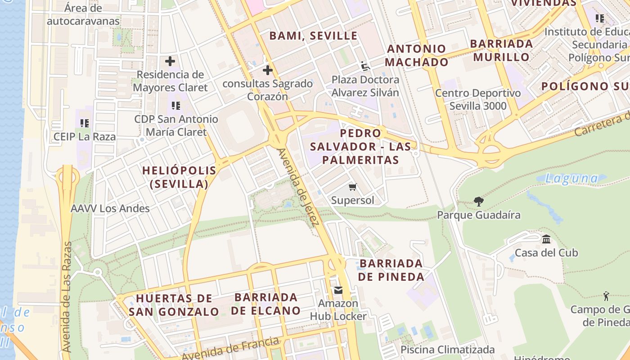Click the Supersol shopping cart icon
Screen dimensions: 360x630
click(353, 187)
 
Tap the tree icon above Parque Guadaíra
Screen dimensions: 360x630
click(479, 201)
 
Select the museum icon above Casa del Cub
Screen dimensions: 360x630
click(546, 239)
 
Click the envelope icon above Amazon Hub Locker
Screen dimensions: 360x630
click(338, 290)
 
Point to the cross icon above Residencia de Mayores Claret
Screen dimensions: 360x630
click(170, 61)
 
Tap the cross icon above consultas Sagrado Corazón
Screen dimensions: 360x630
click(268, 70)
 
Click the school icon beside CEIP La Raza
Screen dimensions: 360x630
click(85, 123)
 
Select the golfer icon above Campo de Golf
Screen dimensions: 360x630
click(606, 296)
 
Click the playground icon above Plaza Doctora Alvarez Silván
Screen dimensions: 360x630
click(365, 67)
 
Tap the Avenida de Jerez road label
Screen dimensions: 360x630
click(299, 187)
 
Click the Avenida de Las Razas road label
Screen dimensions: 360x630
click(67, 297)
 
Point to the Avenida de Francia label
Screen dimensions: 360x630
click(230, 348)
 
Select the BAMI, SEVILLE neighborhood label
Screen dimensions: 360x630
click(313, 36)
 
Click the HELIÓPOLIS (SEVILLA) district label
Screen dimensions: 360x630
click(179, 177)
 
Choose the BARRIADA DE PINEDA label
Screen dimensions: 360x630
click(391, 270)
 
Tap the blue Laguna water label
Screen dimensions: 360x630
click(571, 179)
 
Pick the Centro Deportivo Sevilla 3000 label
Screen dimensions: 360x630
click(478, 99)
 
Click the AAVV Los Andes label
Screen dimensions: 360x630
click(110, 208)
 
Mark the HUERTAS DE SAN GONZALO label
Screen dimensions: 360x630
click(174, 305)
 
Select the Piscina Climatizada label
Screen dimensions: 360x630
click(447, 350)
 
